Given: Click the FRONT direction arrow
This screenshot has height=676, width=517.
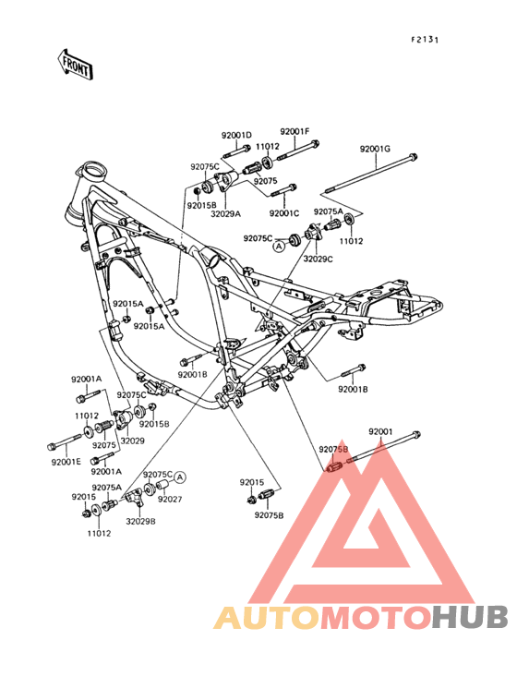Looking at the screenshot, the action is pos(76,64).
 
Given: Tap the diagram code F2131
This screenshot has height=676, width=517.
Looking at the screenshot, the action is pos(425,40).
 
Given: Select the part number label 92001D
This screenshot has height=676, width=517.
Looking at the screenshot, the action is pos(236,135).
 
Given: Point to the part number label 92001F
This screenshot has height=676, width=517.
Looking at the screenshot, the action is pos(295,132).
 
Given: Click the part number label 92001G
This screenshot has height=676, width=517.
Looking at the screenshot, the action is pos(375,150).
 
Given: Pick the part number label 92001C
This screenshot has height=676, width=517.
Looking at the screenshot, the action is pos(284,213).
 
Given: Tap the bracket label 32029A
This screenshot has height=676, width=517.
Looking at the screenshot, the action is pos(226,213).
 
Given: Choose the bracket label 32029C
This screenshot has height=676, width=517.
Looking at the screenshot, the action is pos(318,260).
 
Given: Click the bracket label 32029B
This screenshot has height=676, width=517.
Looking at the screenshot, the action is pos(140,521).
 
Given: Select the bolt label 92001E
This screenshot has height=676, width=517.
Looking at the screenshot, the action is pos(66,462).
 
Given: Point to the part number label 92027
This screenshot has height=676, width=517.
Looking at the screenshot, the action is pos(170,500).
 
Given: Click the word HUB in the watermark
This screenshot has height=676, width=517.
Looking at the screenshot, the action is pos(470,617).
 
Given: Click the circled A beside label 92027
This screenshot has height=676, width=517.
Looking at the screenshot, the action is pos(180,477).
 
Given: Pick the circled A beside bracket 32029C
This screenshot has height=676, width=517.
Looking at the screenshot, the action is pos(279,247).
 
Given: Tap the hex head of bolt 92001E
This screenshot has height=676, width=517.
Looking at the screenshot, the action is pos(52,446).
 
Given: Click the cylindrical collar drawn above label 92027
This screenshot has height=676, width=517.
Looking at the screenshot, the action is pos(162,485).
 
